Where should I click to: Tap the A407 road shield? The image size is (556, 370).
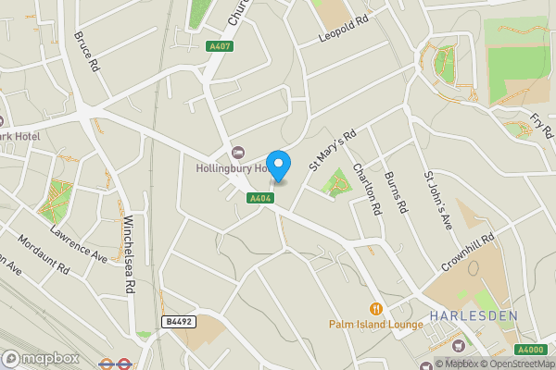[221, 46]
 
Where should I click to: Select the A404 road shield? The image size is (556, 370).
[259, 198]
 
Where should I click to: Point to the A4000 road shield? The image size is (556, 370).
[531, 350]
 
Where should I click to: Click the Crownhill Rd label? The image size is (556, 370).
[469, 251]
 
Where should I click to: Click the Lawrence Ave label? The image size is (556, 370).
[80, 241]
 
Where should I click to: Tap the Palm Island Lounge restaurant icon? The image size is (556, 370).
[375, 308]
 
